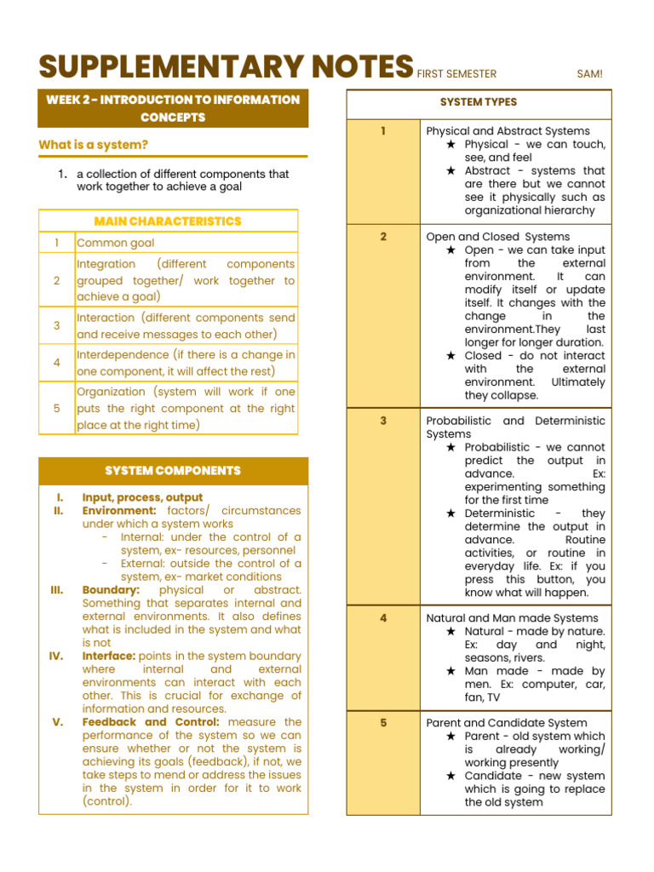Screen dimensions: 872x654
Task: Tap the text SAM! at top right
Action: [589, 74]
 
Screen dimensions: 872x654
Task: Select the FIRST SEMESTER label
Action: [456, 74]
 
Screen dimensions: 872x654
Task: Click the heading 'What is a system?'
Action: [94, 145]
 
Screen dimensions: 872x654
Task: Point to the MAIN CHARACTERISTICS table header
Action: [168, 221]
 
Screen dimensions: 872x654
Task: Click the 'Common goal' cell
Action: [116, 243]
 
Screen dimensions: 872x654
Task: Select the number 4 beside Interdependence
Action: [57, 363]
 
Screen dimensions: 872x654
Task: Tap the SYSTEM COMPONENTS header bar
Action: [173, 470]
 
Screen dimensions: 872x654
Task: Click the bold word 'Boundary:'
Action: [111, 590]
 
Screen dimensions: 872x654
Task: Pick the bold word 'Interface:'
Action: [108, 657]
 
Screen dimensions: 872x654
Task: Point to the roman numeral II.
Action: [59, 511]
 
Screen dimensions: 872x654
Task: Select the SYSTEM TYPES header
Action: [479, 102]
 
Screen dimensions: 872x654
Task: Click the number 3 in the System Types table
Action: [383, 421]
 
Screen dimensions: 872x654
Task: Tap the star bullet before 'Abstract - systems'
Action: [451, 171]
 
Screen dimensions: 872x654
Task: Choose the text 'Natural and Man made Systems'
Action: [512, 618]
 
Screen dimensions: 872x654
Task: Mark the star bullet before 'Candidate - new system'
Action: [451, 776]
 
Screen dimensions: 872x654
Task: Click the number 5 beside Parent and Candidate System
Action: [383, 723]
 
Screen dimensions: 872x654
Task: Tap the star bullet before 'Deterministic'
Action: [451, 513]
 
